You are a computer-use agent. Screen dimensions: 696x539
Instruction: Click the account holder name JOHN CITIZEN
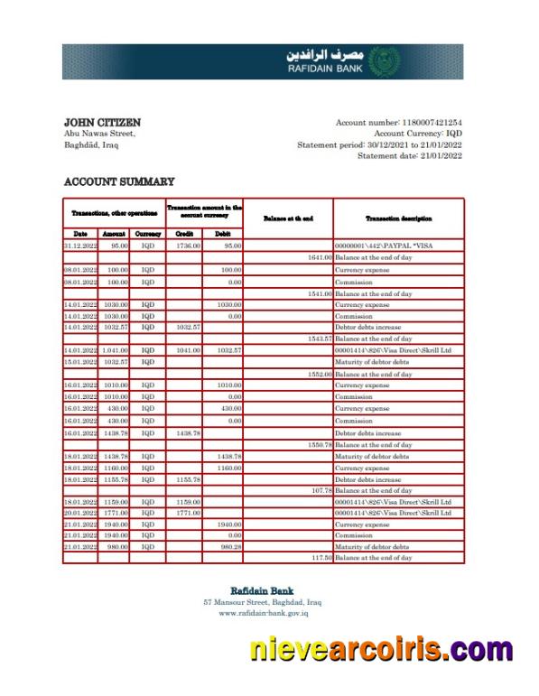click(x=102, y=122)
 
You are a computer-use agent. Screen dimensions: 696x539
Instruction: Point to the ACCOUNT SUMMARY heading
click(x=119, y=181)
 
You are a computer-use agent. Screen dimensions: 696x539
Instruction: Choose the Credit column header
click(x=183, y=233)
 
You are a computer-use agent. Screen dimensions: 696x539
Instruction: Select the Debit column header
click(x=222, y=233)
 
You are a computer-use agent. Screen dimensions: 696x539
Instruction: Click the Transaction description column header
click(x=398, y=218)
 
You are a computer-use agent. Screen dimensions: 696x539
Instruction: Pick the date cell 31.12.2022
click(x=79, y=245)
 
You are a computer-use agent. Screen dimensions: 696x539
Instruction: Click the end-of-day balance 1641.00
click(x=320, y=257)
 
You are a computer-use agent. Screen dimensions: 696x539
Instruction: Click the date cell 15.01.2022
click(x=79, y=362)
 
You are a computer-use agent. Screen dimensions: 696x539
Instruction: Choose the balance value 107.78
click(x=321, y=490)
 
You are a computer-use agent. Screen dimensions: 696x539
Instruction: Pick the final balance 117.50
click(x=321, y=558)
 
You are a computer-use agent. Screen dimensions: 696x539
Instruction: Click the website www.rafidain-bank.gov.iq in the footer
click(x=263, y=613)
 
